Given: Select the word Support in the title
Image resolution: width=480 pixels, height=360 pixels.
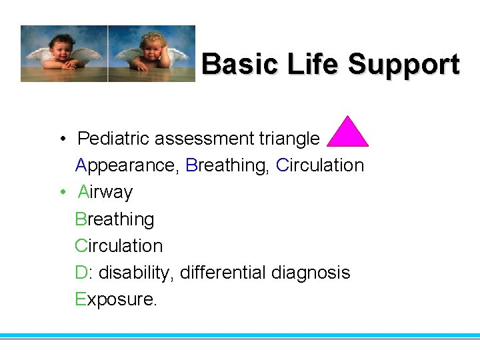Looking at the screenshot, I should (404, 65).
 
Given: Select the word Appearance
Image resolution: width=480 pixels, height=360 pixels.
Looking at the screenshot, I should (126, 165).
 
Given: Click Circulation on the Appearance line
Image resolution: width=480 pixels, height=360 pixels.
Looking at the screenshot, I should (320, 165).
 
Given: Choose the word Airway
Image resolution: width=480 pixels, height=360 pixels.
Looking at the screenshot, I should (105, 192).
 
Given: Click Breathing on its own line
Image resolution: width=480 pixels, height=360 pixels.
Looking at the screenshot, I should (115, 219).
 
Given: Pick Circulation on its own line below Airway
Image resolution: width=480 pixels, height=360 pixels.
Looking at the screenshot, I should (119, 245).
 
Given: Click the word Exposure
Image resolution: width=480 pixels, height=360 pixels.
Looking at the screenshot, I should (115, 299).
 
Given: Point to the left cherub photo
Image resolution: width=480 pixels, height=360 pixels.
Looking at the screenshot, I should (64, 53).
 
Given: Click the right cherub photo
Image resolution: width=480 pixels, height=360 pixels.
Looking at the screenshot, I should (151, 53).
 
